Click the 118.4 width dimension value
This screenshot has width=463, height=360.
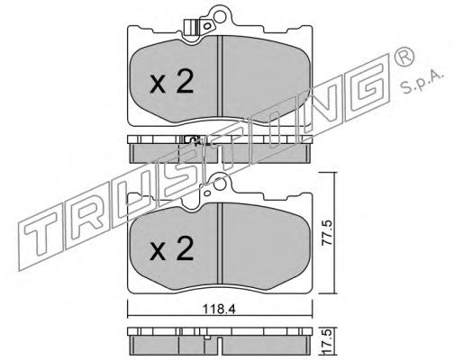219,309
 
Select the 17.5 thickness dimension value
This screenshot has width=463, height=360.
328,342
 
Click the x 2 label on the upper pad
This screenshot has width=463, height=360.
171,83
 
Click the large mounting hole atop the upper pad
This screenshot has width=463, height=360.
220,16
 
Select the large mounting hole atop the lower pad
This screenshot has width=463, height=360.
220,184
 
